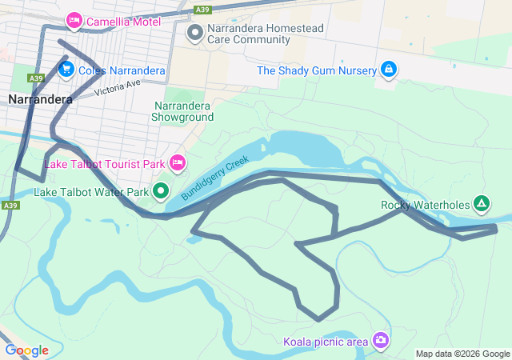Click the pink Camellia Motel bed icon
tap(74, 20)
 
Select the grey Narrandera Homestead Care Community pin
tap(194, 33)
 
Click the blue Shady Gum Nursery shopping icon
tap(388, 70)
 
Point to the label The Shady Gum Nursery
tap(316, 70)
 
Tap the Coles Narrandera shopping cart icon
tap(66, 69)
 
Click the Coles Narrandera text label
tap(122, 70)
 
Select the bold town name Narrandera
tap(40, 100)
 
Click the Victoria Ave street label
tap(117, 88)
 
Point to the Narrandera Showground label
tap(183, 111)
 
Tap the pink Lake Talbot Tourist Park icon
tap(178, 163)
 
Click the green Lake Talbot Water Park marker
tap(161, 190)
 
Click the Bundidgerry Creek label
tap(215, 178)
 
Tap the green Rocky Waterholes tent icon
tap(481, 204)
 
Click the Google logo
tap(26, 350)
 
